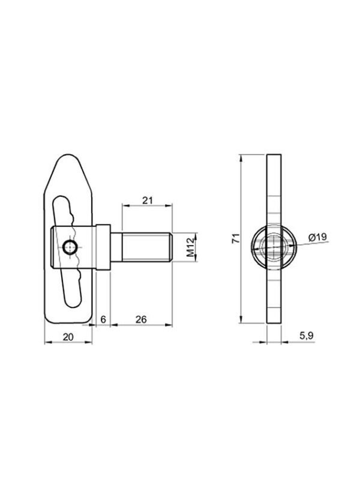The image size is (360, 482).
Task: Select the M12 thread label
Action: coord(191,247)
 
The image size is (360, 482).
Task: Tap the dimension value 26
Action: coord(142,319)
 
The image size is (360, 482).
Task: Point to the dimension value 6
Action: coord(103,319)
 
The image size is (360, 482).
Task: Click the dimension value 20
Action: coord(68,337)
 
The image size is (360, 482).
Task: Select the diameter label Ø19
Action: coord(317,238)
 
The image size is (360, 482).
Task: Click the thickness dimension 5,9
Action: coord(306,337)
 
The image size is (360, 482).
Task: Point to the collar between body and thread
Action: coord(103,247)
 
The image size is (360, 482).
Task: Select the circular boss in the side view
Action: coord(273,247)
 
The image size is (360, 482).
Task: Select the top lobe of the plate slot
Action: coord(66,204)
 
